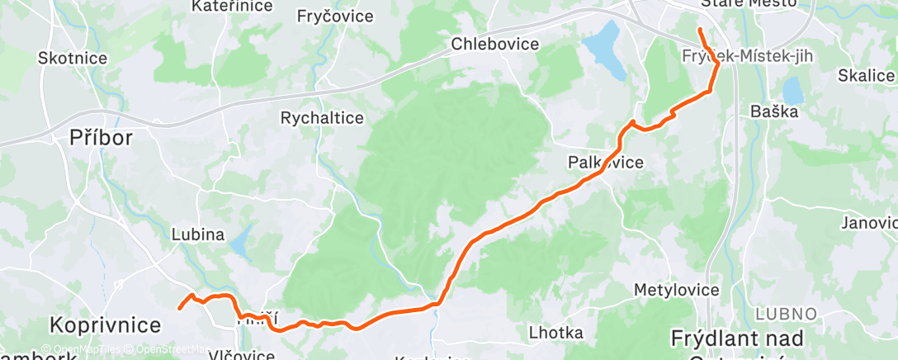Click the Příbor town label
point(101,138)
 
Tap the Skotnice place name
point(72,59)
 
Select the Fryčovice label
point(335,17)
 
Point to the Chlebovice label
point(495,44)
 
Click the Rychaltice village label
point(322,118)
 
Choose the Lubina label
point(197,234)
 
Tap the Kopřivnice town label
point(103,322)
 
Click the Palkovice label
point(605,163)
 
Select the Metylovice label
point(676,291)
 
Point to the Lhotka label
point(555,333)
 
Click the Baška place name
point(773,111)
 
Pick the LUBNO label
point(787,314)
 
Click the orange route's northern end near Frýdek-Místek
point(700,30)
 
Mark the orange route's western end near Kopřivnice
point(180,309)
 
